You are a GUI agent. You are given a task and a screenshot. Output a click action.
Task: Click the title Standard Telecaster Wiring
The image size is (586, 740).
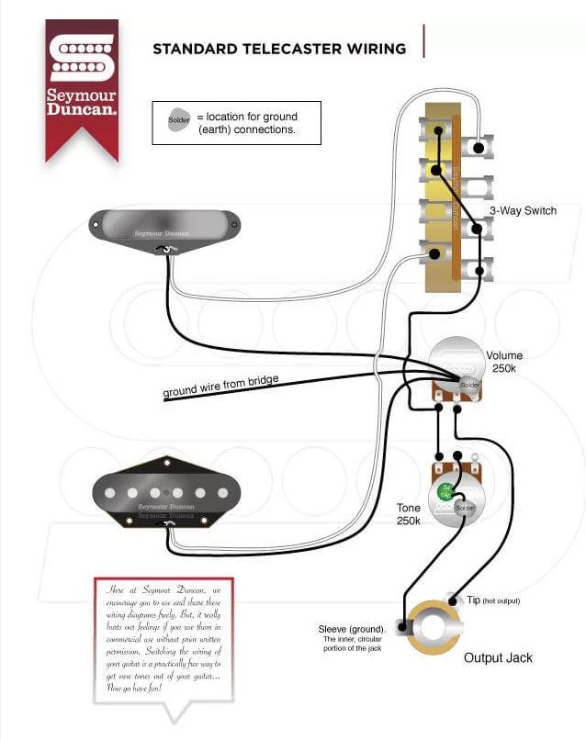(x=279, y=48)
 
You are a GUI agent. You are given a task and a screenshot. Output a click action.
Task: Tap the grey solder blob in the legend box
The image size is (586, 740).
(x=180, y=119)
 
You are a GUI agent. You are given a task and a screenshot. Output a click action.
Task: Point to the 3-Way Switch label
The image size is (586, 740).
(x=522, y=211)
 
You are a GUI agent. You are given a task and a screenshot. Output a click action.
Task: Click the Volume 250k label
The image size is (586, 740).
(x=504, y=361)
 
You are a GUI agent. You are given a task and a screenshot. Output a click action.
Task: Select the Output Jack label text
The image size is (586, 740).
(x=498, y=657)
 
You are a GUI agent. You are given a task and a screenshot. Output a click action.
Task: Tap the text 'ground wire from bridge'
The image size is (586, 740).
(x=220, y=386)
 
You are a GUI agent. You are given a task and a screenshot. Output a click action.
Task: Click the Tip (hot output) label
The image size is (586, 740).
(x=492, y=600)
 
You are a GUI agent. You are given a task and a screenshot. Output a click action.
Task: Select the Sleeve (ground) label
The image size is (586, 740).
(x=352, y=630)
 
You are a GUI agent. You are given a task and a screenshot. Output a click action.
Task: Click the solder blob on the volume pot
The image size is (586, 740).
(x=469, y=383)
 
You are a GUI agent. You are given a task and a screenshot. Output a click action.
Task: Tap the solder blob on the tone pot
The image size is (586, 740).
(x=464, y=508)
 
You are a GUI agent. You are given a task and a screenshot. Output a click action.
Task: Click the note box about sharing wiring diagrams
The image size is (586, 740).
(x=164, y=639)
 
